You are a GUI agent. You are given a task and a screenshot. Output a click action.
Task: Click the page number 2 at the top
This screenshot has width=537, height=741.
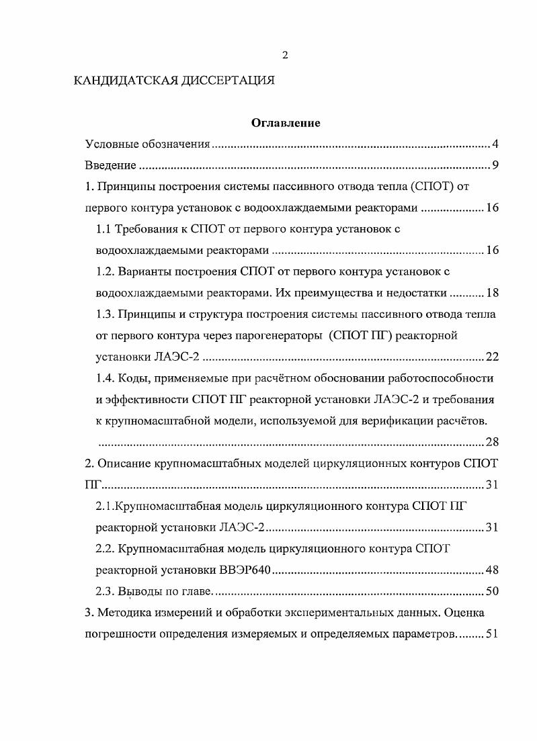[x=285, y=55]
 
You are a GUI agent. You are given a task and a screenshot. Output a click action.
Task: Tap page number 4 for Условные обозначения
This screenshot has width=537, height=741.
[x=495, y=144]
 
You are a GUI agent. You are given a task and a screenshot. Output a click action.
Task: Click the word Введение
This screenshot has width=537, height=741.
[x=111, y=165]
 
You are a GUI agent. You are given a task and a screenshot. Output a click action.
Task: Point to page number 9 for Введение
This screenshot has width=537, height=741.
[x=495, y=165]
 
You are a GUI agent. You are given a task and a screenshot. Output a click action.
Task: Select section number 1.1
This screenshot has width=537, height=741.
[x=104, y=229]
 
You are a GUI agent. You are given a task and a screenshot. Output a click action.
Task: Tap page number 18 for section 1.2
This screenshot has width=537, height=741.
[x=492, y=293]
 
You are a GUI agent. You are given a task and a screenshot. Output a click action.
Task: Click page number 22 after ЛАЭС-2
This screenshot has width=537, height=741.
[x=492, y=357]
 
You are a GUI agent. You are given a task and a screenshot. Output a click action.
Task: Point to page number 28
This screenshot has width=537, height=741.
[x=492, y=441]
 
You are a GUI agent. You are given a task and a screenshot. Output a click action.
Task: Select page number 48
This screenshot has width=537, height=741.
[x=492, y=571]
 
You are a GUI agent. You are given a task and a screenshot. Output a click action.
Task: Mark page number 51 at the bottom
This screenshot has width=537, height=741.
[x=491, y=634]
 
